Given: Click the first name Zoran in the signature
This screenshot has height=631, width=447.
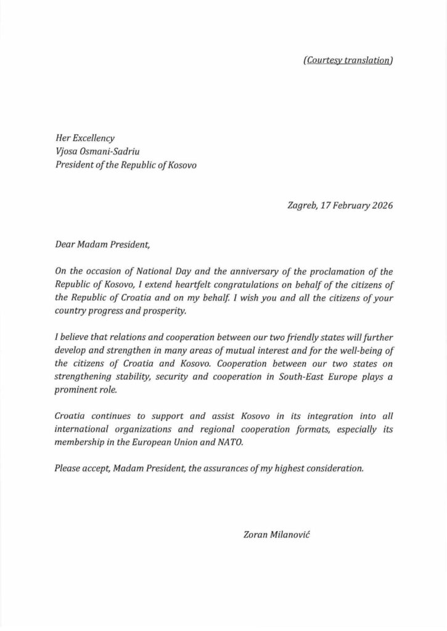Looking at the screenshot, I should click(256, 536).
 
